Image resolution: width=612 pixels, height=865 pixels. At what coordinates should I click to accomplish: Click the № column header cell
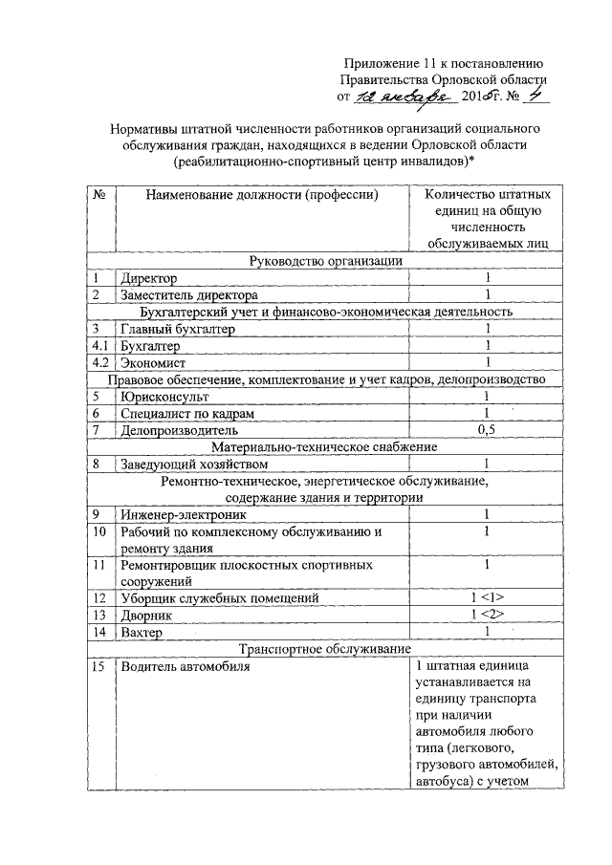(99, 195)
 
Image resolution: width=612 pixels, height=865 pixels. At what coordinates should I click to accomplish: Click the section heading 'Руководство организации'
(325, 260)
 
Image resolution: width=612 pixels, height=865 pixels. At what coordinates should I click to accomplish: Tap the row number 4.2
(99, 363)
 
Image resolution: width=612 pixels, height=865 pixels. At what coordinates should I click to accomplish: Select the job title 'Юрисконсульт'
(162, 396)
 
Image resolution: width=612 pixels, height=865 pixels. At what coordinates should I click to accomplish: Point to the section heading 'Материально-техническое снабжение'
(325, 446)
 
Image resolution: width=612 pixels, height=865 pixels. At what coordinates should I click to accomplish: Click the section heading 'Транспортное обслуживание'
(325, 649)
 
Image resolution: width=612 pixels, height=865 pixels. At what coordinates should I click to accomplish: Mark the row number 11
(99, 565)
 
